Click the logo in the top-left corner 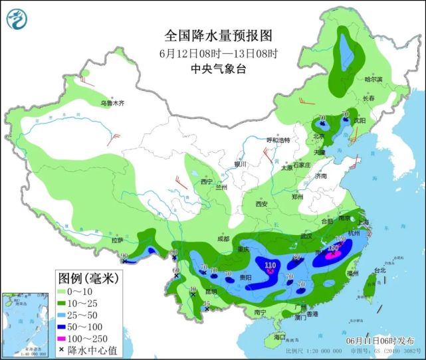pos(18,18)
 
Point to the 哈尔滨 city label pos(374,79)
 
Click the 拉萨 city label pos(118,240)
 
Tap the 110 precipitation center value pos(270,266)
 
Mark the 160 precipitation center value pos(334,248)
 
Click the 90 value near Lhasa pos(124,255)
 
